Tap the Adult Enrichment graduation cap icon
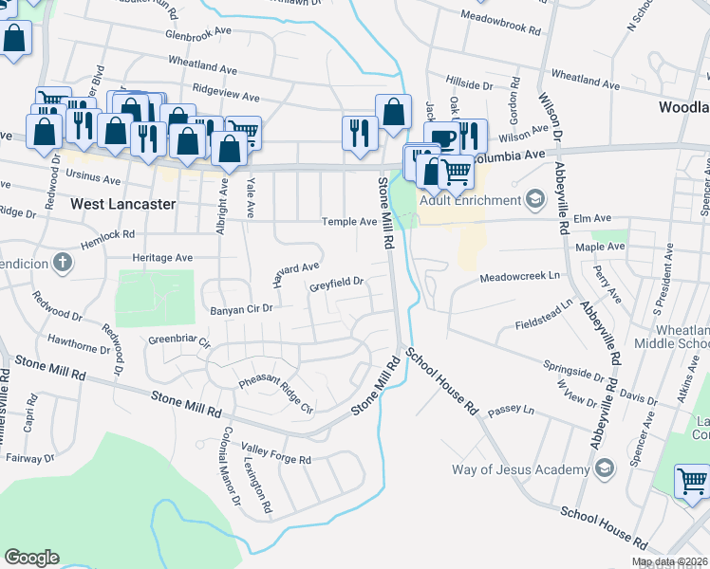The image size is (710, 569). click(x=535, y=199)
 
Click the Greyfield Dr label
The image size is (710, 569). click(x=337, y=283)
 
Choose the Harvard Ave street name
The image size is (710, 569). click(x=296, y=272)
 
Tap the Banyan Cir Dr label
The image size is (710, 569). click(x=241, y=308)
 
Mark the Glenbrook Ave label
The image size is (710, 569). click(x=198, y=31)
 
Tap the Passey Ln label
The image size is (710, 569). click(x=511, y=413)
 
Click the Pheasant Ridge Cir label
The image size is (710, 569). click(x=274, y=395)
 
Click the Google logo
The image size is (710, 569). click(x=32, y=557)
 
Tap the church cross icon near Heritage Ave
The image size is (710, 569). click(x=63, y=262)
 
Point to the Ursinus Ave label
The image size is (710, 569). click(x=94, y=178)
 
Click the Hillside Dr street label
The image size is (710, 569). click(x=470, y=85)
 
